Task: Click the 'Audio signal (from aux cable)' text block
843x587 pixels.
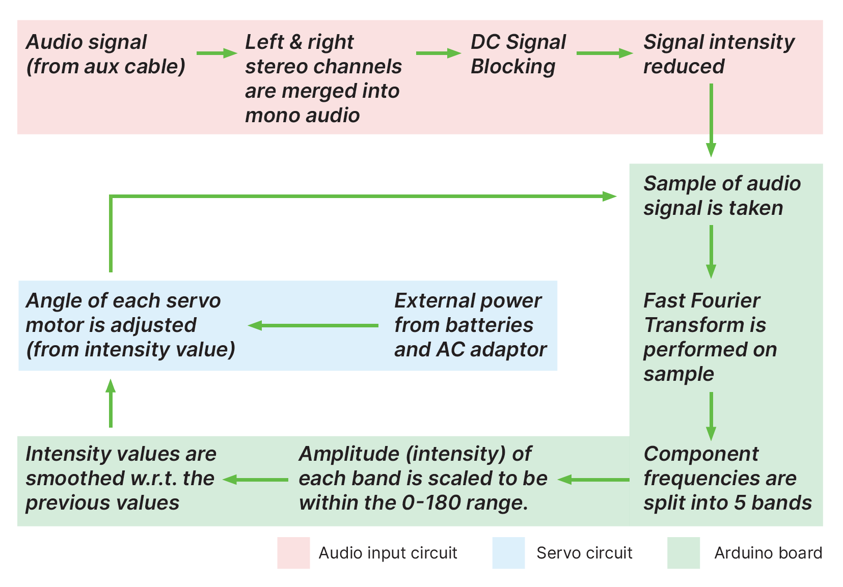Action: (105, 54)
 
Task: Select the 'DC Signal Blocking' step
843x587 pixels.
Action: (518, 54)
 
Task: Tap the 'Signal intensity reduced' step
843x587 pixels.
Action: (718, 54)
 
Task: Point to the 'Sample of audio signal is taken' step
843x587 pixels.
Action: (721, 195)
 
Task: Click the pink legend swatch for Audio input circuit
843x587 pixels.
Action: (293, 552)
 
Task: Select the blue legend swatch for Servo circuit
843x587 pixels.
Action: (508, 552)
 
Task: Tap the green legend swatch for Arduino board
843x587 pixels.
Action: (684, 552)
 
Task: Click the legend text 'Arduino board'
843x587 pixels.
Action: (768, 553)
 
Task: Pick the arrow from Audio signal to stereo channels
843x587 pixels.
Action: (216, 53)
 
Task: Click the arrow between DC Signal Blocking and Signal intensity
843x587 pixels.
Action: (604, 53)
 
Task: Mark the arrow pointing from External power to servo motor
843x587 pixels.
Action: (313, 325)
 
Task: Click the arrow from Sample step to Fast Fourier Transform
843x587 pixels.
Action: (711, 251)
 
